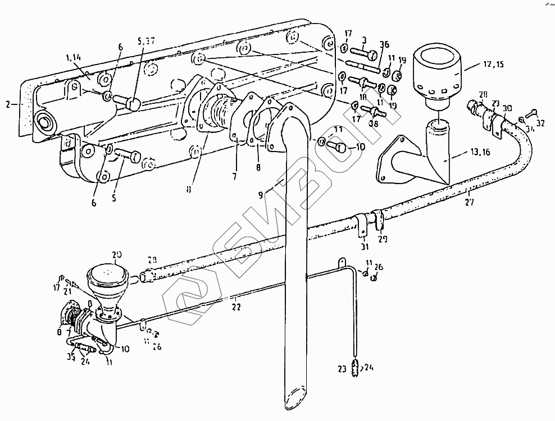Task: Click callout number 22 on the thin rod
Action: pyautogui.click(x=236, y=306)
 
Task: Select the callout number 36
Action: pyautogui.click(x=384, y=45)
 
